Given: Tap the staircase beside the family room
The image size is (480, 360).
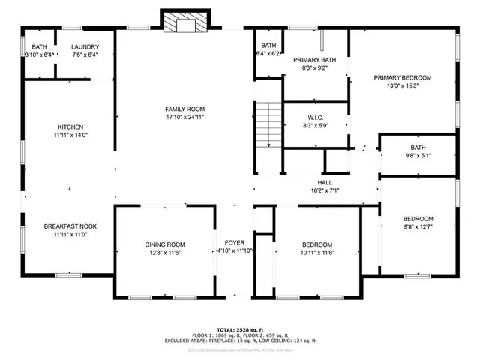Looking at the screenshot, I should [x=268, y=126].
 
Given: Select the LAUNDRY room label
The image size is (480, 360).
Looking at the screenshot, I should [x=85, y=48].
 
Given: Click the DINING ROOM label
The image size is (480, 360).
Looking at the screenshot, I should [x=165, y=244].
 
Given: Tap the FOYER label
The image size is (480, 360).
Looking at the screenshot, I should [x=235, y=242].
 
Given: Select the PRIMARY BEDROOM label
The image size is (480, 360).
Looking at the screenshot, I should [x=403, y=77].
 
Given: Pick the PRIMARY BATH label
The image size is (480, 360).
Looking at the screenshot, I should [x=315, y=60].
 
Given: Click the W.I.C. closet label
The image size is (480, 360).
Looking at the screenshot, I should [x=315, y=117].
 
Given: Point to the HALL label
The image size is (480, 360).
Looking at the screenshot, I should [x=325, y=182].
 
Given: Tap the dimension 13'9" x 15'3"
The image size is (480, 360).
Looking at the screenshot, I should [x=403, y=85].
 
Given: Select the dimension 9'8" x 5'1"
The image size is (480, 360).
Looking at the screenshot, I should [x=418, y=156].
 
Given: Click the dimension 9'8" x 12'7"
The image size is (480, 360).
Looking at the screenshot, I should [x=418, y=227].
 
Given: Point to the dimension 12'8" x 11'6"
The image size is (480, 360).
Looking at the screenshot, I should [x=165, y=253].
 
